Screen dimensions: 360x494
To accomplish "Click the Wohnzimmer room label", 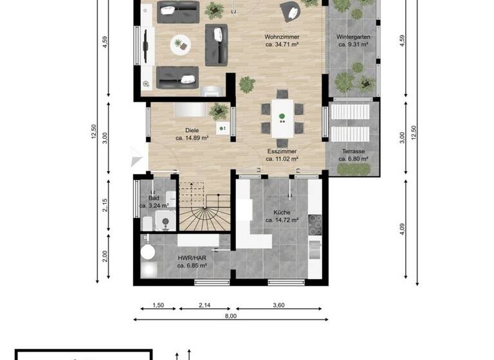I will (x=282, y=37).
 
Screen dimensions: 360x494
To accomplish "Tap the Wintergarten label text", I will (x=352, y=37).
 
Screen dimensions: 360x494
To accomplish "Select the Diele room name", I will (x=192, y=130).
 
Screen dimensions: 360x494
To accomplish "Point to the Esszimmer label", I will (x=282, y=151).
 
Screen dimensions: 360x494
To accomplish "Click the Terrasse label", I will (x=353, y=151).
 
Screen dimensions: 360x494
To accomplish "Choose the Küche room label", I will (x=282, y=212).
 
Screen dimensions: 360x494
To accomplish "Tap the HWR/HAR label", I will (x=192, y=258).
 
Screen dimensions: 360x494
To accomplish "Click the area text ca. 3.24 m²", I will (x=154, y=206).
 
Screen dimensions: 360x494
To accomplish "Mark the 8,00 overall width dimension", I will (x=231, y=316).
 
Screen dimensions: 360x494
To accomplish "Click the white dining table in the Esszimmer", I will (x=282, y=116).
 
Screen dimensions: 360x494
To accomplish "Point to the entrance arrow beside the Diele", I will (x=135, y=156).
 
